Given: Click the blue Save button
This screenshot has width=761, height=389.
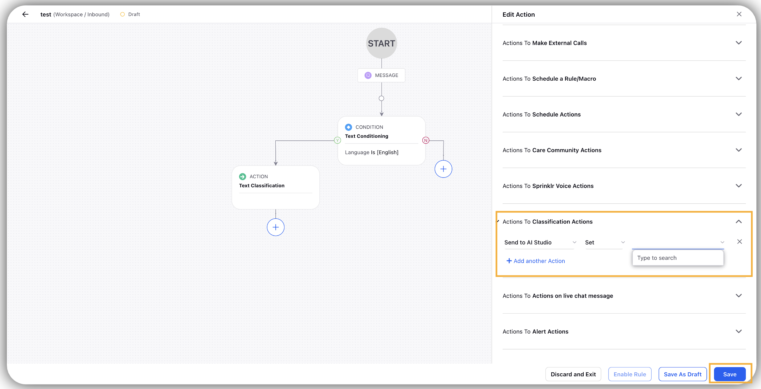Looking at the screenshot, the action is pos(730,374).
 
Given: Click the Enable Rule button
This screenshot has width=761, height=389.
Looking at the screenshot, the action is pos(630,374).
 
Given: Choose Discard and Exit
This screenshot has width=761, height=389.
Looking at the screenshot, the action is pos(573,374).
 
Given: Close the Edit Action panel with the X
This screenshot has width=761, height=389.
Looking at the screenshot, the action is pos(739,14).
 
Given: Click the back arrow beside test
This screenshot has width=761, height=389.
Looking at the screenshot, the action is pos(25,14).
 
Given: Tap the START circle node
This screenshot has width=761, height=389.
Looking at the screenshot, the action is pos(381,43).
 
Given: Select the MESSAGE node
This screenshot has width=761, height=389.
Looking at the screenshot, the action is pos(381,75).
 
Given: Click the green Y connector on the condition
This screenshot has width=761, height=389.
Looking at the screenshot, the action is pos(337,140).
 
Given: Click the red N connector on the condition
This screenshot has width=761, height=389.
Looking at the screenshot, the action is pos(426,140).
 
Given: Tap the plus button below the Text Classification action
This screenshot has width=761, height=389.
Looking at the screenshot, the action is pos(276,227).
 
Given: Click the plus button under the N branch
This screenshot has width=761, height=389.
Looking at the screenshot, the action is pos(443,169).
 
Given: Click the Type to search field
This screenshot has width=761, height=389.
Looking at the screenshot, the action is pos(678,258).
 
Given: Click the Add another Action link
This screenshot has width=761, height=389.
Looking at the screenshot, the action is pos(536,261).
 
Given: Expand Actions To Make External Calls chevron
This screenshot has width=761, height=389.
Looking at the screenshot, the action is pos(739,43).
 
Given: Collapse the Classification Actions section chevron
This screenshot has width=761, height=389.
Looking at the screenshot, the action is pos(739,222).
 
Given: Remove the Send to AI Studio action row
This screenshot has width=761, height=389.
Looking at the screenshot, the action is pos(739,241).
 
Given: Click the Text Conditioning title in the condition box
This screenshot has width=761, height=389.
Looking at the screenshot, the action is pos(366,136).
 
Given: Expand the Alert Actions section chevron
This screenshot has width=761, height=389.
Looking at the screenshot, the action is pos(739,331).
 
